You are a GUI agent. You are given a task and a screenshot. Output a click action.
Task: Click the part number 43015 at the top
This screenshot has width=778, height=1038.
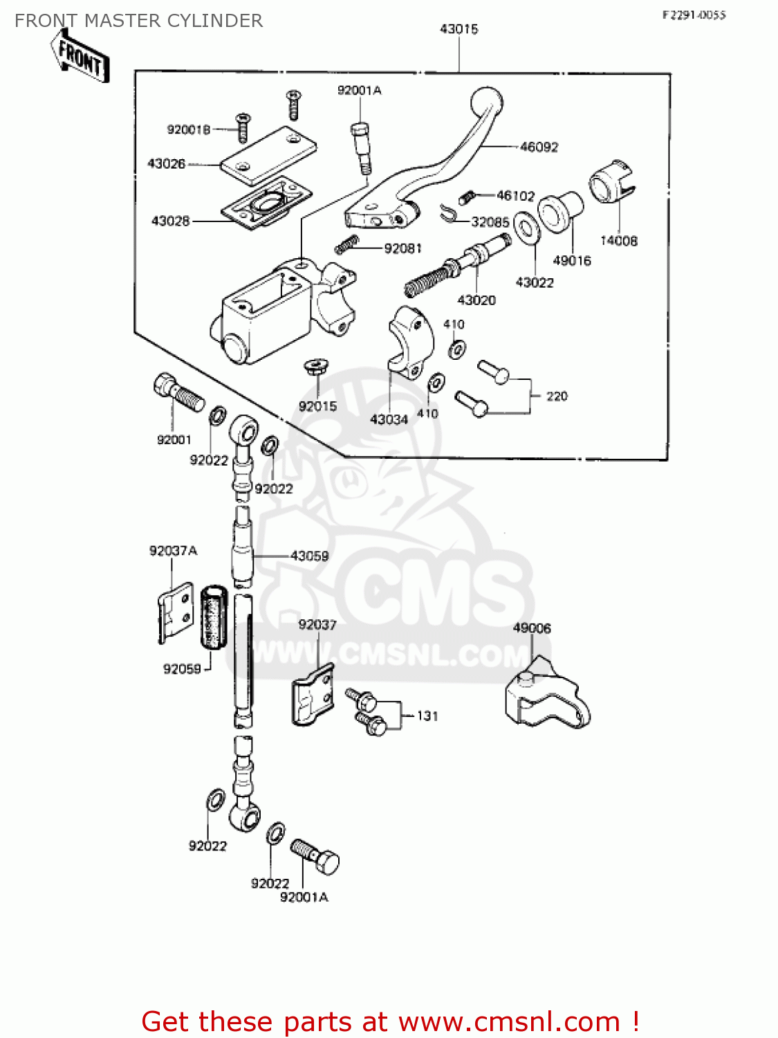(459, 29)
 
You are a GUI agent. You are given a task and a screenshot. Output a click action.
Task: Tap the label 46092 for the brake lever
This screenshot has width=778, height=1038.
(539, 147)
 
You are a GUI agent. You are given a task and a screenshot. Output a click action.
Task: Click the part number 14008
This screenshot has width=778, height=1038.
(618, 241)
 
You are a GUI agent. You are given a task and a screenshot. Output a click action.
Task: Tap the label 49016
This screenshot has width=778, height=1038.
(572, 261)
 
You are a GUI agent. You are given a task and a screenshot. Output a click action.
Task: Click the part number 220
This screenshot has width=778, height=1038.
(557, 397)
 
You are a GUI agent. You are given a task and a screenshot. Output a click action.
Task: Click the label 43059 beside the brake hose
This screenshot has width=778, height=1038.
(309, 556)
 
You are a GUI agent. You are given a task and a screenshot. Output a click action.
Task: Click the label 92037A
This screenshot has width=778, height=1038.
(173, 551)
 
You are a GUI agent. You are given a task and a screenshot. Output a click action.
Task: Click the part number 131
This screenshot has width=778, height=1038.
(427, 716)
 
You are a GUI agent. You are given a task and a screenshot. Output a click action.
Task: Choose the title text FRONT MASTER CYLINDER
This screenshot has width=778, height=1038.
(138, 21)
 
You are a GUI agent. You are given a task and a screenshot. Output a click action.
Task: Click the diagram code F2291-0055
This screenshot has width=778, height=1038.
(694, 15)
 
